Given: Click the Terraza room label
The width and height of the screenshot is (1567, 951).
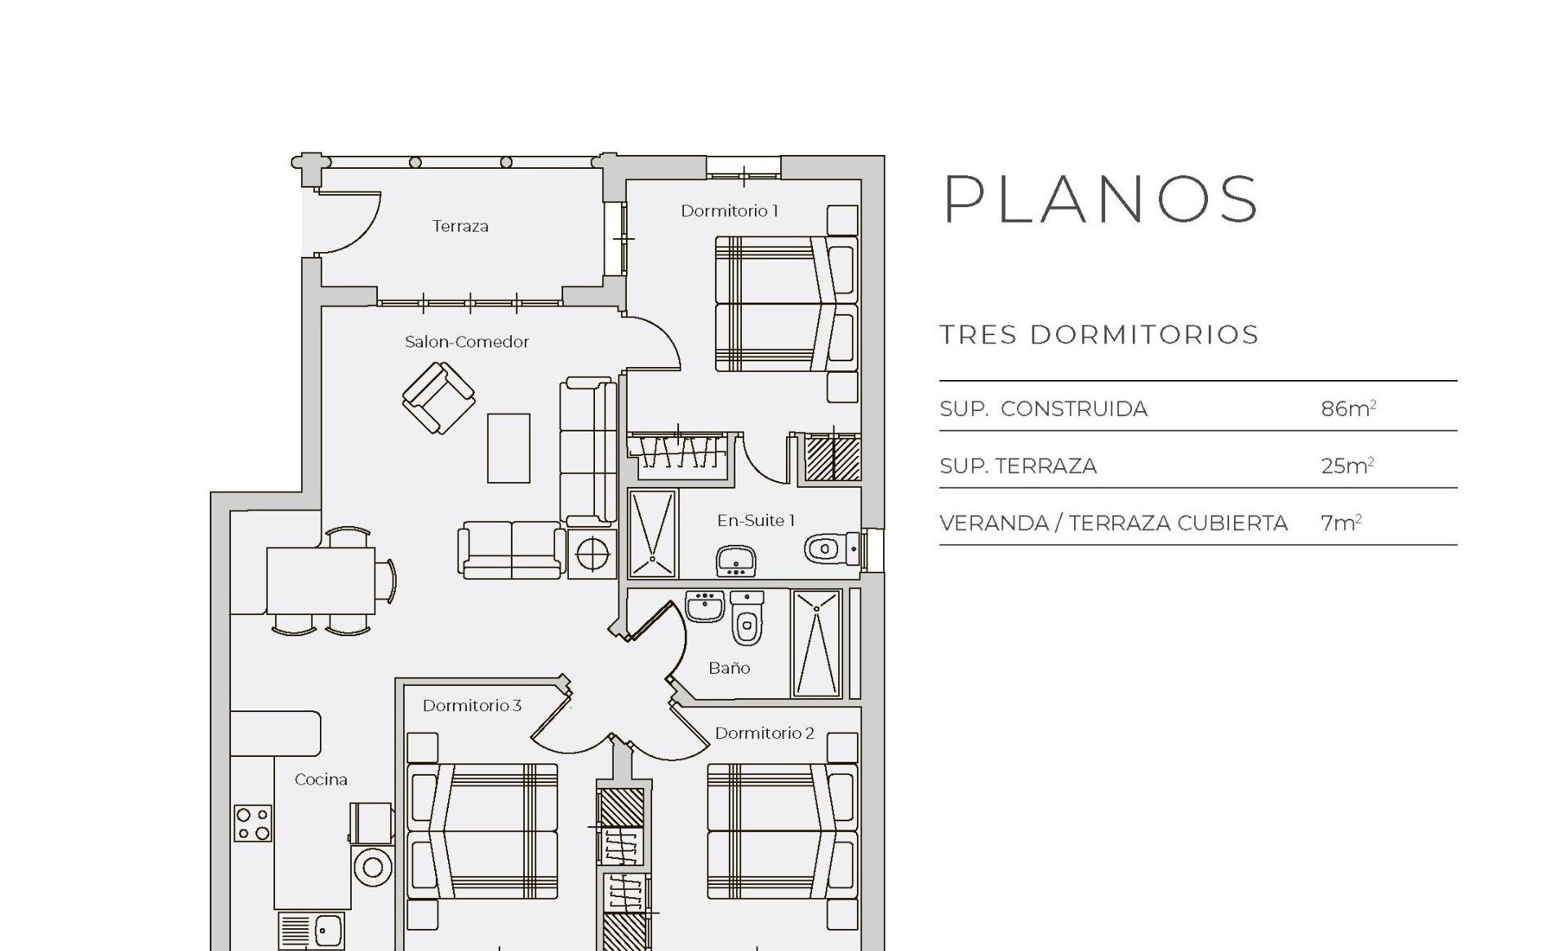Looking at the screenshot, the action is (460, 226).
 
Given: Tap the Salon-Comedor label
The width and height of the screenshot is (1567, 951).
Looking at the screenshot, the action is (467, 342).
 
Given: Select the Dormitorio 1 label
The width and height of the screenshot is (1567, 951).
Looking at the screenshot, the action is (730, 210).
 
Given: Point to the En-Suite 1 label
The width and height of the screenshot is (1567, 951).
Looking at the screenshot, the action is (756, 520).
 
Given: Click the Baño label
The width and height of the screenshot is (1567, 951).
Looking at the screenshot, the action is (730, 667).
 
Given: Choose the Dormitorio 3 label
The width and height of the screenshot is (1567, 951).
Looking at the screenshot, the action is (472, 706).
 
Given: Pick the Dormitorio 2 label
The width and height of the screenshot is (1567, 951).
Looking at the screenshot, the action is (765, 733).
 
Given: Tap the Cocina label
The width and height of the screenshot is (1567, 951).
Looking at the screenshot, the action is (321, 780).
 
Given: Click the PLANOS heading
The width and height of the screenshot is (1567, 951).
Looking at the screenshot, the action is (1101, 199).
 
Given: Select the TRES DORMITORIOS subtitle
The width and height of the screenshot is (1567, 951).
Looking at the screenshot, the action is (1099, 334).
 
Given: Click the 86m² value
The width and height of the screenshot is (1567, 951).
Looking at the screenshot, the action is (1348, 408).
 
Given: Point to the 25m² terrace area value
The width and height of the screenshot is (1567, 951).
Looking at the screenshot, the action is (1347, 465).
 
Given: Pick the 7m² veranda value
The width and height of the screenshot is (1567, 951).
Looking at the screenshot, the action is (1341, 522).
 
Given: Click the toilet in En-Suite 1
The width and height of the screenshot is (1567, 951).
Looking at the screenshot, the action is (831, 549).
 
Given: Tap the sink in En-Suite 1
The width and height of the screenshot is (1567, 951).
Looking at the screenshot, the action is (736, 561).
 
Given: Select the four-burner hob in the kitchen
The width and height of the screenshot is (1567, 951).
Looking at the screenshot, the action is (253, 823).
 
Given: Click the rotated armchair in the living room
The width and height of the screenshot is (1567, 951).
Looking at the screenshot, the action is (438, 398).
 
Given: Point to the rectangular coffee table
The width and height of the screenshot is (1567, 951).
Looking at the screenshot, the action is (508, 448).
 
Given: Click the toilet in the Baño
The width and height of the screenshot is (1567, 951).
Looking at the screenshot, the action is (747, 618).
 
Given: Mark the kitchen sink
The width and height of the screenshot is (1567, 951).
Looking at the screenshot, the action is (312, 931).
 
